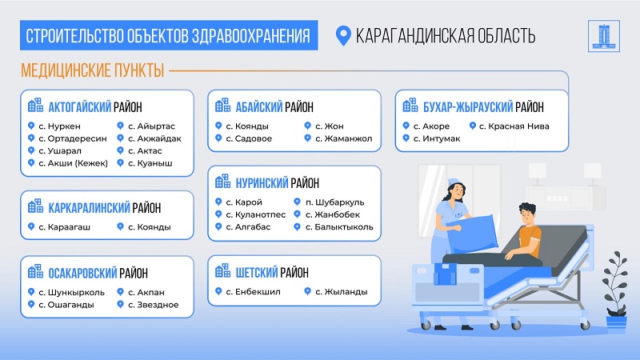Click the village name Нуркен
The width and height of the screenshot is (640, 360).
point(64,126)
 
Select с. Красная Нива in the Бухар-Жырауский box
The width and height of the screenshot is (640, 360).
point(514,126)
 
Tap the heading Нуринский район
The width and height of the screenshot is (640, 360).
point(277,183)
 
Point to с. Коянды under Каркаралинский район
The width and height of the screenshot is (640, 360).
point(150,227)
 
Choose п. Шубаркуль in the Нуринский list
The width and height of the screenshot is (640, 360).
point(334,202)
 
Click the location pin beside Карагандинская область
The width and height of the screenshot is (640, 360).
point(343,36)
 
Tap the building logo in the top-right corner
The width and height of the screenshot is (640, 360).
point(604,36)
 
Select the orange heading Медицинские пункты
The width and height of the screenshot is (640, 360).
point(93,70)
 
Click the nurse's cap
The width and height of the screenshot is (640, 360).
point(454,182)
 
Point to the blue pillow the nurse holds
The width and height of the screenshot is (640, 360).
point(474,234)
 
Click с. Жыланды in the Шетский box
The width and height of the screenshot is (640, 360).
point(342,292)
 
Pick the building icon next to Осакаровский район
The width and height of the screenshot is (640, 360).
point(35,271)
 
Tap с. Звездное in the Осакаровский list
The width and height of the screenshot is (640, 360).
point(154,305)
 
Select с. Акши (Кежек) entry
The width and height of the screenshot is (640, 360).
point(73,163)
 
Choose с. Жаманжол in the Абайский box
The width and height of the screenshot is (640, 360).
point(344,138)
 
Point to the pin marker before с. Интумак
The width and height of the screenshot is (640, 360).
point(406,138)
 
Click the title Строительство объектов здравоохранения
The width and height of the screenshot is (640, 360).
point(168,36)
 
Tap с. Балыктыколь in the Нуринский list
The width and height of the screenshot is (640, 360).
point(339,227)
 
